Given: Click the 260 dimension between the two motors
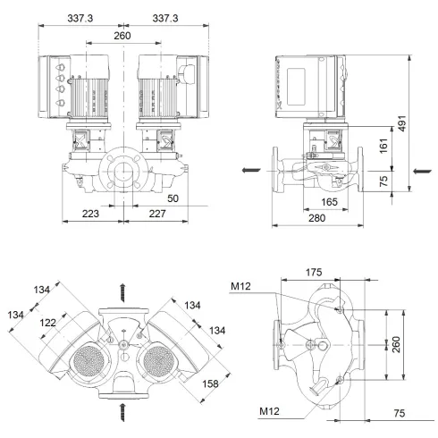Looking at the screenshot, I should coord(122,36).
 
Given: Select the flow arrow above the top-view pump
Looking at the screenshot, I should coord(123,291).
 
